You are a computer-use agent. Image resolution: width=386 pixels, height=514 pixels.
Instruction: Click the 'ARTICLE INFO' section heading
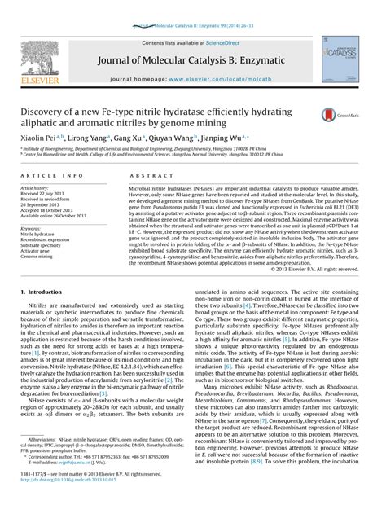56,176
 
